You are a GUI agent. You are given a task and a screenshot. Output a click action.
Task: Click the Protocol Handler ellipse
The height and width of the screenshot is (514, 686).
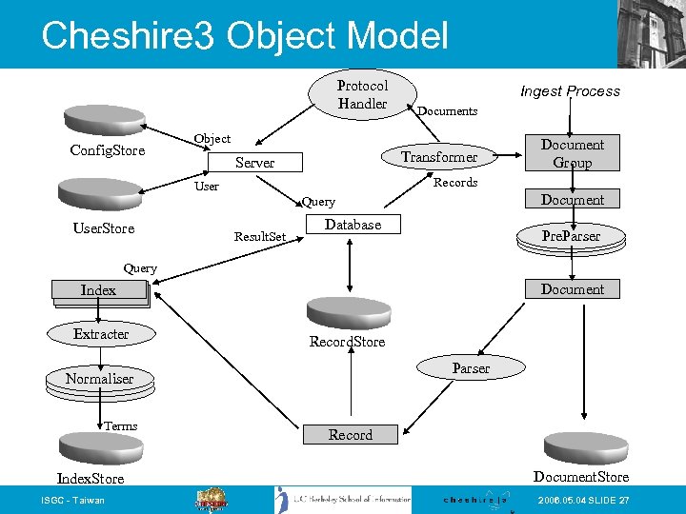coord(363,93)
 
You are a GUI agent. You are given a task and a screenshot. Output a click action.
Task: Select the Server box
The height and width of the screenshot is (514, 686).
coord(254,163)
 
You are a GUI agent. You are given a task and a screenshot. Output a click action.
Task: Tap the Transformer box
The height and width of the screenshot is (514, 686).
coord(439,156)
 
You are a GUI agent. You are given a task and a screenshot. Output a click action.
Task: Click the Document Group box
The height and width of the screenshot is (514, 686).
coord(572,153)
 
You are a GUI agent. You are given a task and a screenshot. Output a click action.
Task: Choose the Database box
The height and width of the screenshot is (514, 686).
coord(353,225)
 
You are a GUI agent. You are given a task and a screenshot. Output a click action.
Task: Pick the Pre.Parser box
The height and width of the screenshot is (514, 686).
coord(572,236)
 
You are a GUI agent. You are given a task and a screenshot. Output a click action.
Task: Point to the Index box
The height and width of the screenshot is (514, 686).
coord(99,290)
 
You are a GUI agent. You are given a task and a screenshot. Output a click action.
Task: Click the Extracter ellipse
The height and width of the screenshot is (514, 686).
coord(101,334)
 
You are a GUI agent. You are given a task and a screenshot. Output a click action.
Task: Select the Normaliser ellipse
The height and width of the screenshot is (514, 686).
coord(100,379)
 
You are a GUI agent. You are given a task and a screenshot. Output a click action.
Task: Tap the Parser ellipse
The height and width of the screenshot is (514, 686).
coord(471,368)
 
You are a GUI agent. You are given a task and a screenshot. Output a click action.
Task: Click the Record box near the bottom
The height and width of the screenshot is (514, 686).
coord(351,435)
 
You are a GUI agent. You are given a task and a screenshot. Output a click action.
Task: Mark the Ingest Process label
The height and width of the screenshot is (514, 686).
coord(570,91)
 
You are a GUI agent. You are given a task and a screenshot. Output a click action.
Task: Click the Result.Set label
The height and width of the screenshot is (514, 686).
coord(260,236)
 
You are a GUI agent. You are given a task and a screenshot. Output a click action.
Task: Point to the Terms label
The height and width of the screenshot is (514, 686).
coord(121,426)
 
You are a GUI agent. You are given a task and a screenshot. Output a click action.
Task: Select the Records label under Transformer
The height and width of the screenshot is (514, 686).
coord(455,183)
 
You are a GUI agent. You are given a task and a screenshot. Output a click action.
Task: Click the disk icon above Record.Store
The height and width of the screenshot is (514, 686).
coord(347,312)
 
